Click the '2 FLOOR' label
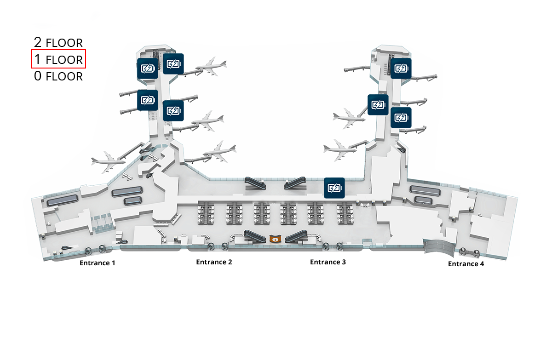(58, 42)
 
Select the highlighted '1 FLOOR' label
(58, 59)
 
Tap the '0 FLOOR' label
(58, 76)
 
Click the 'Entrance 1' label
(98, 263)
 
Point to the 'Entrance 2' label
(214, 262)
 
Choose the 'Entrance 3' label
(328, 262)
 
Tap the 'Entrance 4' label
(466, 264)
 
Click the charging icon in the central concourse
(334, 188)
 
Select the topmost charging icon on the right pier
(401, 69)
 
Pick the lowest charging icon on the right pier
(401, 117)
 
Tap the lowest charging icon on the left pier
(173, 110)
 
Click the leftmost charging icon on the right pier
(378, 105)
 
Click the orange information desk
(275, 239)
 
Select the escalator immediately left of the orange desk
(254, 236)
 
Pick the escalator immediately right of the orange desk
(296, 236)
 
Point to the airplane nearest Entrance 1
(109, 162)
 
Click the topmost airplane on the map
(212, 66)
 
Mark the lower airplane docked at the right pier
(340, 150)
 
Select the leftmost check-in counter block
(206, 213)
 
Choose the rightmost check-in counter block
(345, 213)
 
